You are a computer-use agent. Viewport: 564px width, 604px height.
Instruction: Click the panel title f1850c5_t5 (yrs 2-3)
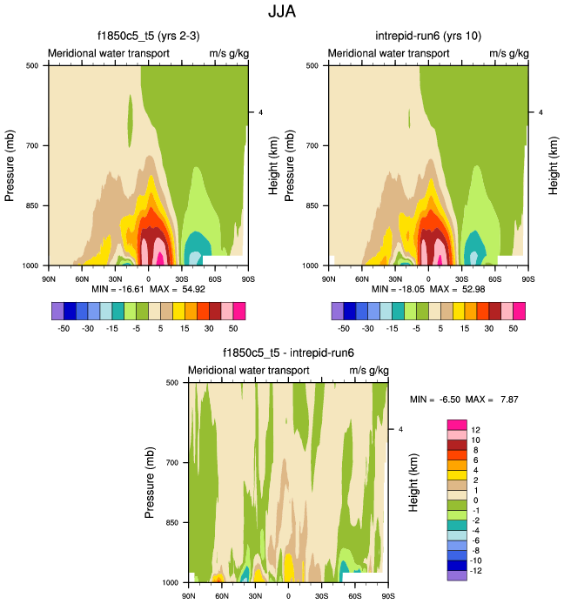148,36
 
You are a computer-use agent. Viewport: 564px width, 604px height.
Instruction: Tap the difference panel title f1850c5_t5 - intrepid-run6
287,352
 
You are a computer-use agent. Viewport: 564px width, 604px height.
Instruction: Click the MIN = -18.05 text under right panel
398,288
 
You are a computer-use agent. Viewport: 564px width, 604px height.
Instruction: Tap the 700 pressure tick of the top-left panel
34,145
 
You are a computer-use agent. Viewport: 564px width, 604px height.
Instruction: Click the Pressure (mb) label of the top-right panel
290,164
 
